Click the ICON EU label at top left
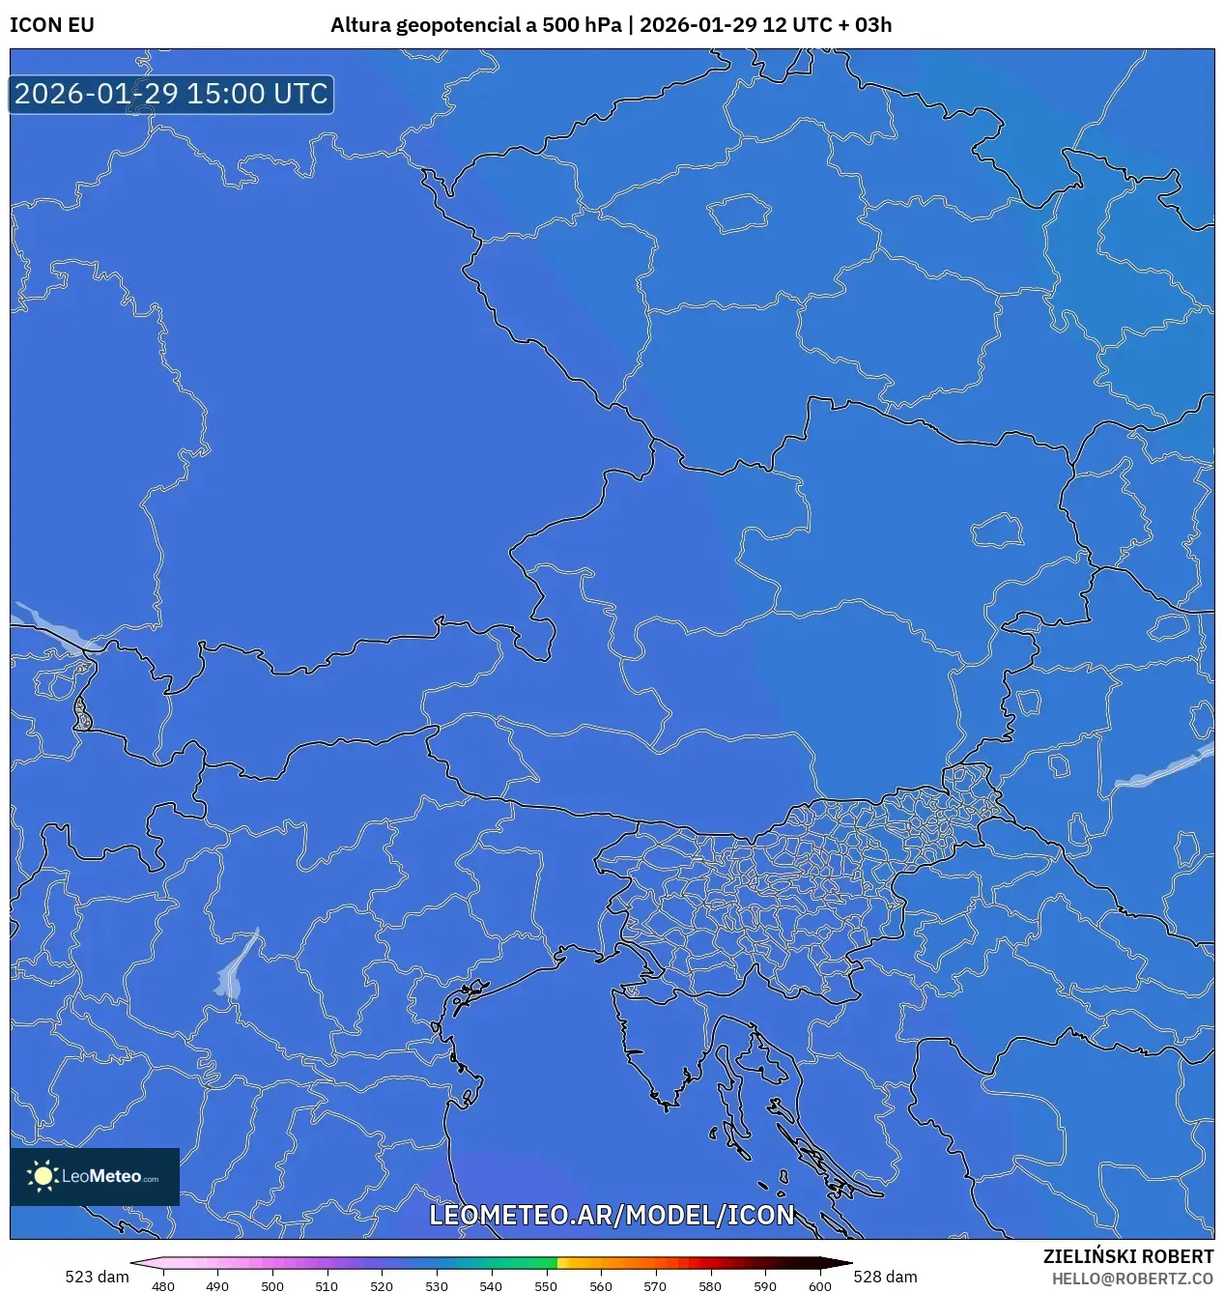(x=52, y=25)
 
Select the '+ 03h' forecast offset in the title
(x=866, y=25)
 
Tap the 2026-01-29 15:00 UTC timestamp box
(x=171, y=95)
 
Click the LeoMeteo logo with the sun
(x=95, y=1176)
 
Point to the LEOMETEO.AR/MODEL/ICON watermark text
(x=612, y=1215)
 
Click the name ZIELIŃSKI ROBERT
(x=1127, y=1256)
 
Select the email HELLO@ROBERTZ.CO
(x=1132, y=1279)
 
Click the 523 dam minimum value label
(x=97, y=1277)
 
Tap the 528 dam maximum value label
(x=885, y=1277)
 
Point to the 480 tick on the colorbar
(x=163, y=1286)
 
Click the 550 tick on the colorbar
(x=546, y=1286)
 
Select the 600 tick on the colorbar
(x=819, y=1286)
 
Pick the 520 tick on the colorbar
(x=382, y=1286)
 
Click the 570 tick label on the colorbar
(x=655, y=1286)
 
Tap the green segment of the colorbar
(x=527, y=1263)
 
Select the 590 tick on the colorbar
(x=765, y=1286)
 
